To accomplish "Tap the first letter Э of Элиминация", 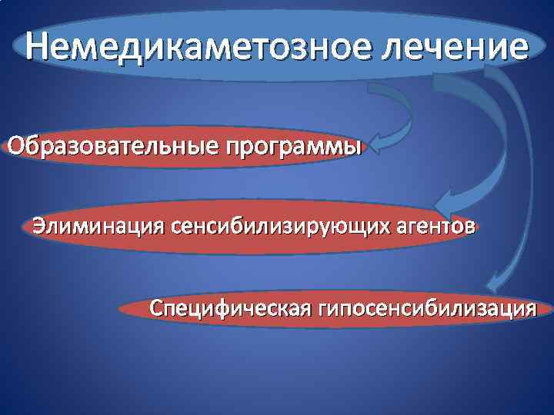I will click(x=38, y=227).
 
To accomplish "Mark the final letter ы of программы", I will click(x=352, y=147).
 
